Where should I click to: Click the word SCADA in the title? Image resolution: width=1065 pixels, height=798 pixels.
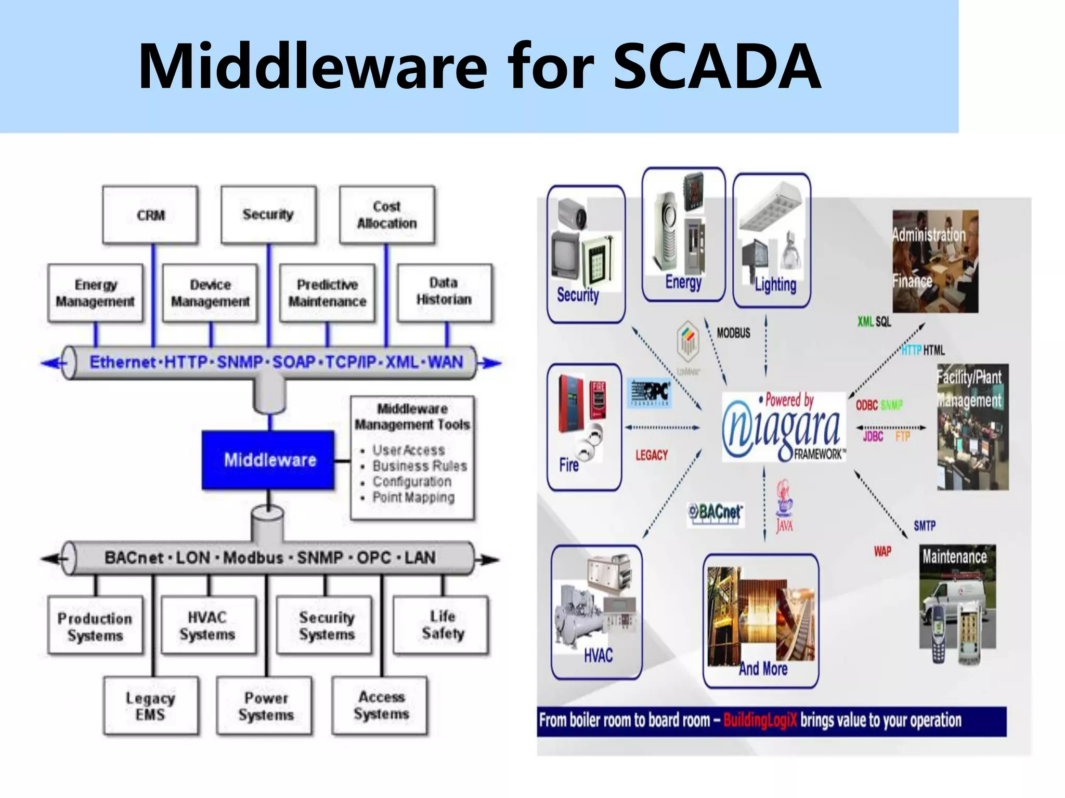click(x=717, y=66)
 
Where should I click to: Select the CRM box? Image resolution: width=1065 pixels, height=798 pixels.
click(x=150, y=215)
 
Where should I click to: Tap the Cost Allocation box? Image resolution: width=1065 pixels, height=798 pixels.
click(x=387, y=215)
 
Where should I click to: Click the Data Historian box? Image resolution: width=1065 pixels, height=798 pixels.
click(x=444, y=292)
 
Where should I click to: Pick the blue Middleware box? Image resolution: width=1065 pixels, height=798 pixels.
click(x=268, y=460)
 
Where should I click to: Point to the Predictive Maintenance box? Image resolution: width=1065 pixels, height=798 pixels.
click(x=327, y=293)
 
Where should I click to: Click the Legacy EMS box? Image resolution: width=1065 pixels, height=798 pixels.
click(x=151, y=706)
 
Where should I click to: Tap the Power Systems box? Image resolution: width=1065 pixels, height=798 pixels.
click(x=265, y=706)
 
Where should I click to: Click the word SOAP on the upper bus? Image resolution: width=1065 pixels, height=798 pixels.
click(x=294, y=362)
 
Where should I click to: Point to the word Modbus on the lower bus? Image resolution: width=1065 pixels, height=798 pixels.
click(x=253, y=558)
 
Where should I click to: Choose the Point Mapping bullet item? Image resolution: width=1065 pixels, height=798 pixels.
click(x=413, y=498)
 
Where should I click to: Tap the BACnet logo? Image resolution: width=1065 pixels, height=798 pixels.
click(x=716, y=513)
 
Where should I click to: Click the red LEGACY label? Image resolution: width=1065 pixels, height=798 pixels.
click(x=651, y=456)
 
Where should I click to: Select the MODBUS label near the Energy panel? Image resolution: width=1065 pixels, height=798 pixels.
click(x=733, y=333)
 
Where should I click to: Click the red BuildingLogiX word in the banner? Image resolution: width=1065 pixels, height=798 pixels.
click(x=759, y=721)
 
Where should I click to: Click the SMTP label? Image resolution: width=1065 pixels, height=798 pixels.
click(x=924, y=526)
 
